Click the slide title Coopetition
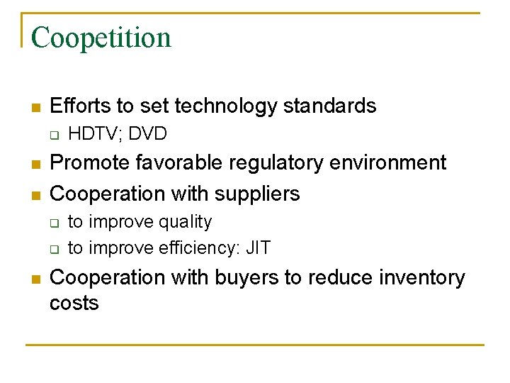(101, 38)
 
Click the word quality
(185, 222)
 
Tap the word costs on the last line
(74, 304)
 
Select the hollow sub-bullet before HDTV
(53, 135)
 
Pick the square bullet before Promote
(35, 165)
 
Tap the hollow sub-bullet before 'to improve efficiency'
(53, 249)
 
